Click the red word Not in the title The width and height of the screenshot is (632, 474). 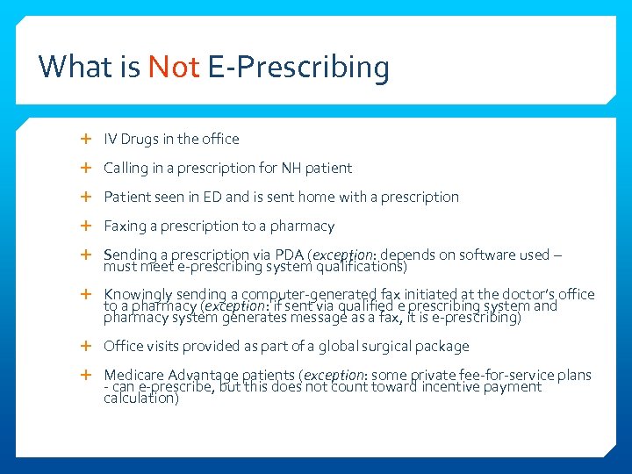coord(174,67)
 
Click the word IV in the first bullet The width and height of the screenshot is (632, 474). coord(111,139)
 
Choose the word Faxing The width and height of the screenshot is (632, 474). coord(125,226)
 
